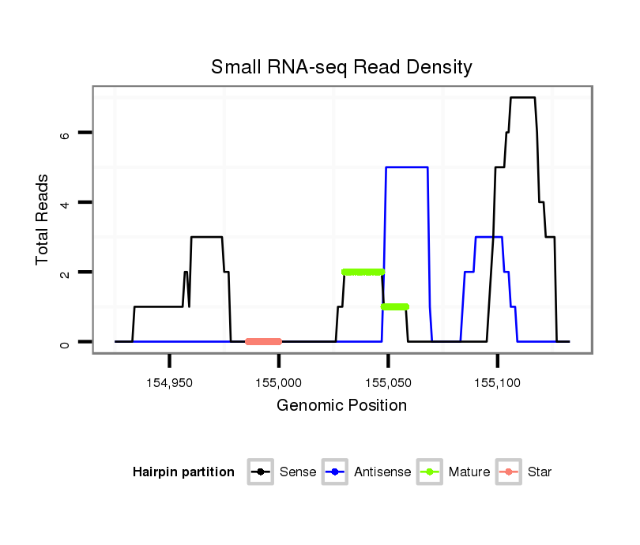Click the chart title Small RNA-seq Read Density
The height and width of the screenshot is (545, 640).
(341, 67)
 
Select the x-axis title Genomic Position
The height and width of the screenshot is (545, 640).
(341, 406)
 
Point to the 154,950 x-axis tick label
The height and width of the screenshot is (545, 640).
(170, 382)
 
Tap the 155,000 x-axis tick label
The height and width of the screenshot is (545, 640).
(279, 382)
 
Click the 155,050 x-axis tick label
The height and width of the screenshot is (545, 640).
(388, 382)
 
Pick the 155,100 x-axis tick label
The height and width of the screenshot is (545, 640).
(497, 382)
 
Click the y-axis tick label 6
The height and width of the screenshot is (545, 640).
(66, 133)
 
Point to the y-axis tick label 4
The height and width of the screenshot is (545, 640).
(66, 203)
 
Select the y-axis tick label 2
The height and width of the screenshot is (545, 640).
(66, 272)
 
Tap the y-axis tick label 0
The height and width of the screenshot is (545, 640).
(66, 342)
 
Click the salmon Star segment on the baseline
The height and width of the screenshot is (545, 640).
(264, 341)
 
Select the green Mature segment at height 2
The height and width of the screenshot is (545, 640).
(363, 272)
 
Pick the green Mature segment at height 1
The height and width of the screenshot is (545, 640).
(394, 306)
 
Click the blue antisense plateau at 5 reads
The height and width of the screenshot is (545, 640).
(407, 167)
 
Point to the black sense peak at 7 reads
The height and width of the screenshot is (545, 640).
(522, 97)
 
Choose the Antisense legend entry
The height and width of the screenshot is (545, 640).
(367, 472)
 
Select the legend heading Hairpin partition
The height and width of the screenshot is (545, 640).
(183, 472)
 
